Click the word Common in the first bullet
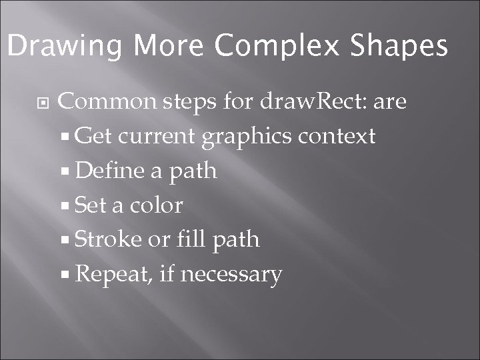point(107,102)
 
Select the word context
point(337,137)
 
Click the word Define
point(110,171)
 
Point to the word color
point(156,205)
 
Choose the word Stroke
point(109,239)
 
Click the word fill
point(191,239)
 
